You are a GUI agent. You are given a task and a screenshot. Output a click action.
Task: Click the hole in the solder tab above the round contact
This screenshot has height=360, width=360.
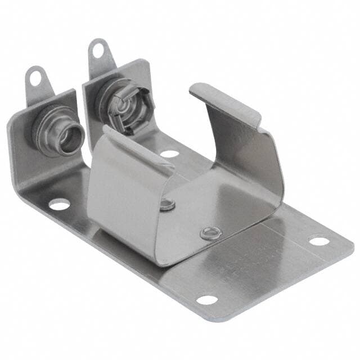[x=36, y=77]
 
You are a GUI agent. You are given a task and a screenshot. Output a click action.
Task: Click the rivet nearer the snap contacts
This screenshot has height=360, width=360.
[x=167, y=204]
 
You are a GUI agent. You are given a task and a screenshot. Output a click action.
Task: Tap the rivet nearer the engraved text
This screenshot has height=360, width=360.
[x=209, y=232]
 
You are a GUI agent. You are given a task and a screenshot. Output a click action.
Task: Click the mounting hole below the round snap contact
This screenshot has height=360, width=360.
[x=59, y=204]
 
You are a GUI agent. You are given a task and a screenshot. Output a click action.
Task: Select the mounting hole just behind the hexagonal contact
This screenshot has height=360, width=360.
[x=169, y=152]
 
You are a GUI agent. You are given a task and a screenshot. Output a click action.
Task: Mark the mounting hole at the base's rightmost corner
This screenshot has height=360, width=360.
[x=319, y=241]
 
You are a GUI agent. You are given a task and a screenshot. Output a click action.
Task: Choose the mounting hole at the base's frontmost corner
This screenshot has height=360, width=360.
[x=206, y=300]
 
